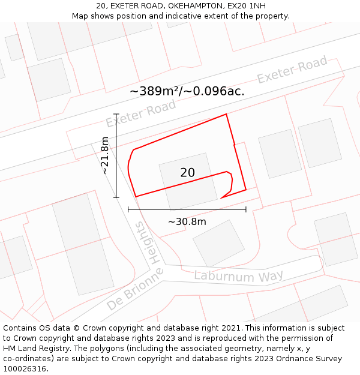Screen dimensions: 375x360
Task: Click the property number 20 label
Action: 187,173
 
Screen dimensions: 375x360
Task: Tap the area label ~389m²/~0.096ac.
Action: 187,91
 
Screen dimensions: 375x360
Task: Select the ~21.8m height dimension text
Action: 105,155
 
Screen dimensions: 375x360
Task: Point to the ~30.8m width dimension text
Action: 187,222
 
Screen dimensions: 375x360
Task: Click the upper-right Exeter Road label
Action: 292,70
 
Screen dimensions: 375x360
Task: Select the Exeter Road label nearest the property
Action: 140,113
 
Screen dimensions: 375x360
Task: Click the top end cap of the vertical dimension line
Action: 116,114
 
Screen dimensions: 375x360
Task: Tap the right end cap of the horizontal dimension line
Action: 246,209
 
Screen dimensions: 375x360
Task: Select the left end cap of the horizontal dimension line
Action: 128,209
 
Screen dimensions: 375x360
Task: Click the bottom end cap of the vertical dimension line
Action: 116,197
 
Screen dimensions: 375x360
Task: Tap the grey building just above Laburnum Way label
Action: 218,243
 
